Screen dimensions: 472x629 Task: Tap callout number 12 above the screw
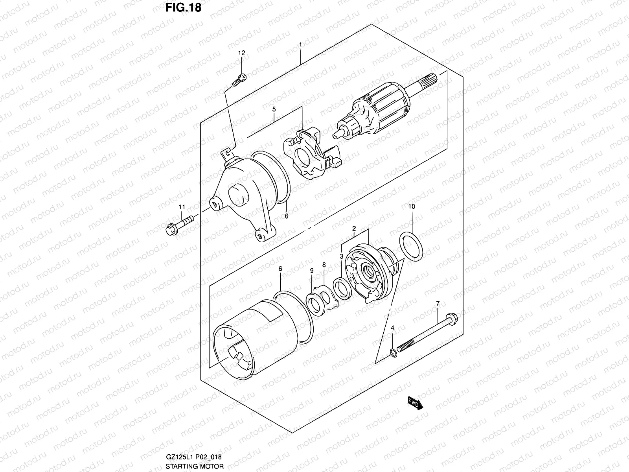[241, 53]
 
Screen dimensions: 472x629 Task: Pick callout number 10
[412, 206]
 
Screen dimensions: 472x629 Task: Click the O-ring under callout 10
[412, 247]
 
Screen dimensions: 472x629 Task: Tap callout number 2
[354, 228]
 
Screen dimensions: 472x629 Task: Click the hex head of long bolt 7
[451, 317]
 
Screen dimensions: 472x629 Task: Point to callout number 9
[311, 271]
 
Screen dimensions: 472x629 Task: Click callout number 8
[324, 265]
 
